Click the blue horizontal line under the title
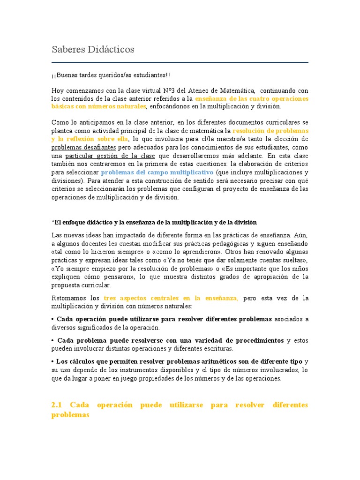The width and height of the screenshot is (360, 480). click(x=180, y=62)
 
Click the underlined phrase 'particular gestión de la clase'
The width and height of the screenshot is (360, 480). click(x=110, y=156)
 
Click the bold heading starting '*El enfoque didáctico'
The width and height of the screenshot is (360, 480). click(x=154, y=222)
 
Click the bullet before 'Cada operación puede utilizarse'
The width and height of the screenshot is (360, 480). click(x=53, y=319)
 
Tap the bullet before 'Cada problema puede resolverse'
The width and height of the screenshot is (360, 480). click(x=53, y=340)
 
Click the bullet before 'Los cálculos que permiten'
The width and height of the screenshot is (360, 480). click(x=53, y=361)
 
